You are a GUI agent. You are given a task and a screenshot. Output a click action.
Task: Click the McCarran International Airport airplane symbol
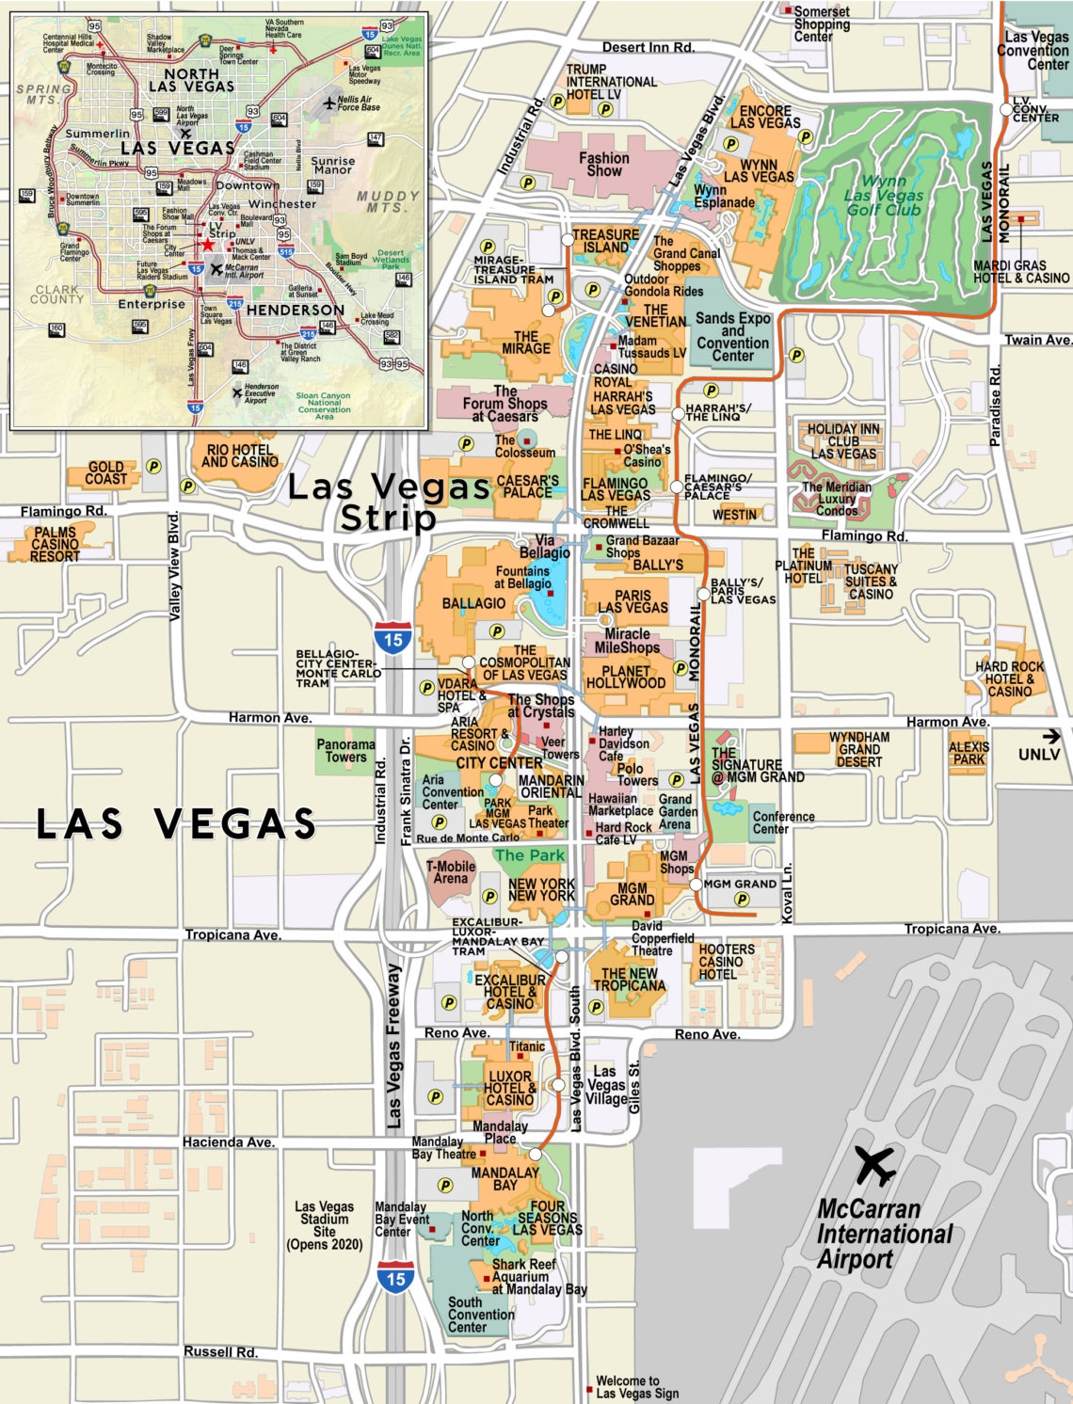(x=875, y=1166)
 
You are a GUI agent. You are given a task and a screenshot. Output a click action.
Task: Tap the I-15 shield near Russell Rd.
(x=395, y=1279)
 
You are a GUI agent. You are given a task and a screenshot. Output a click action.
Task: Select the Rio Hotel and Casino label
(x=240, y=456)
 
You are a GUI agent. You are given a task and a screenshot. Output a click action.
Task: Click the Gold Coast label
(x=105, y=472)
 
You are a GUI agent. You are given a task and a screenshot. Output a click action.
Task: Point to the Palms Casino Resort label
(x=55, y=544)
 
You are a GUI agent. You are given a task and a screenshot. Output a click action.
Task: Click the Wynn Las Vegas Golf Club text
(x=883, y=195)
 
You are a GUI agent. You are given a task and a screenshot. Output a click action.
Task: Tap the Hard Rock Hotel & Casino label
(x=1009, y=678)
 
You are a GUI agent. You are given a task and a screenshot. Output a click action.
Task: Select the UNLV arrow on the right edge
(x=1051, y=737)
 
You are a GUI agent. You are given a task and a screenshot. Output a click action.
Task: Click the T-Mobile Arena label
(x=450, y=872)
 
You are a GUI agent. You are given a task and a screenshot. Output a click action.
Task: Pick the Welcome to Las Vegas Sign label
(x=636, y=1387)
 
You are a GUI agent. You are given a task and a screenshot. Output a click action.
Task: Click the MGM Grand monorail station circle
(x=696, y=885)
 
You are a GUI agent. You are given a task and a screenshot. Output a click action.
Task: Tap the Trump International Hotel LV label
(x=611, y=82)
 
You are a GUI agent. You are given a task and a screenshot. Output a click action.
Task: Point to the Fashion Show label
(x=603, y=165)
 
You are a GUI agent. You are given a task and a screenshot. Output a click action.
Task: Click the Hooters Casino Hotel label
(x=726, y=962)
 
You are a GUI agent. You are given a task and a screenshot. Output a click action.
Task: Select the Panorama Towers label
(x=345, y=751)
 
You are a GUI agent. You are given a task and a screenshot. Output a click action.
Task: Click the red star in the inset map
(x=207, y=245)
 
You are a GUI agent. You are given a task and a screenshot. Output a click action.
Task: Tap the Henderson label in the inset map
(x=296, y=310)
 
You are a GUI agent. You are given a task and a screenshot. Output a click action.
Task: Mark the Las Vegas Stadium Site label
(x=324, y=1224)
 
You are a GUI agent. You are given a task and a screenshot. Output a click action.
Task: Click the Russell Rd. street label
(x=220, y=1351)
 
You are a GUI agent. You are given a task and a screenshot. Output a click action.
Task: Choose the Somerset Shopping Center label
(x=821, y=24)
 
